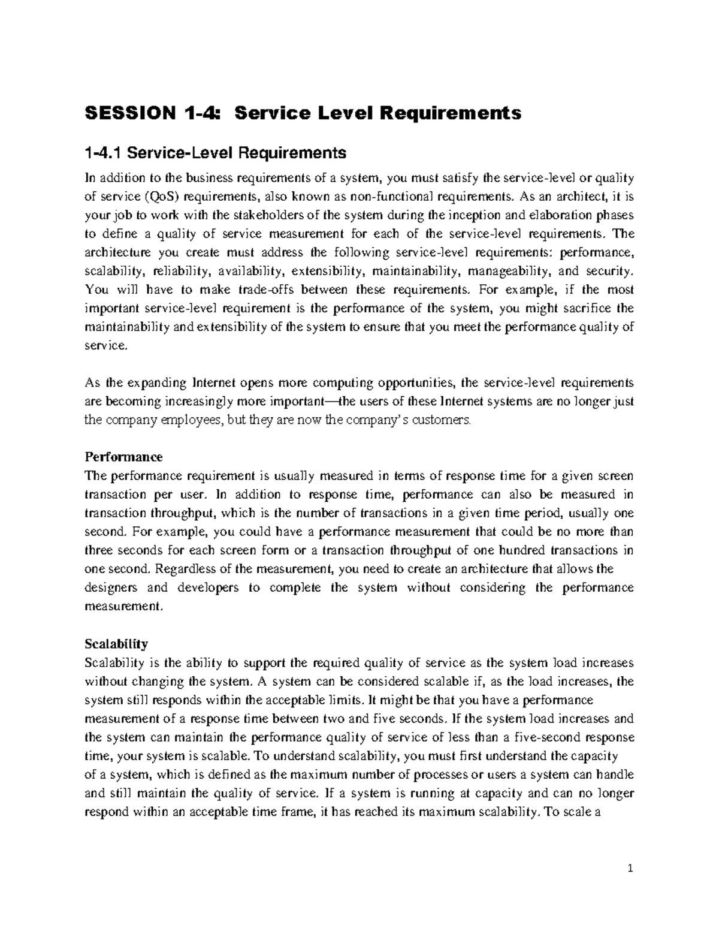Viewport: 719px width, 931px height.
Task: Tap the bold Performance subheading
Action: click(123, 457)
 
